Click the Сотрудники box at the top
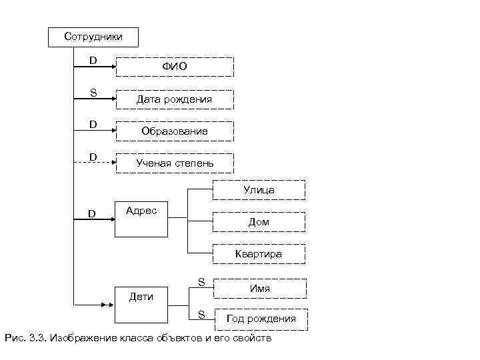(93, 37)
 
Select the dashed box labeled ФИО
(175, 67)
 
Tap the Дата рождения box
(175, 99)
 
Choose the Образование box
(175, 131)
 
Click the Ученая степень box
(175, 163)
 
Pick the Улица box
(259, 190)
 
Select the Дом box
(259, 222)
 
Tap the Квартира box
(259, 254)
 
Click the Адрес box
(141, 218)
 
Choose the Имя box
(260, 289)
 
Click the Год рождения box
(261, 319)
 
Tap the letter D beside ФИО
(93, 61)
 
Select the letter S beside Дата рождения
(93, 93)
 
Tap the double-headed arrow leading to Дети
(93, 306)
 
